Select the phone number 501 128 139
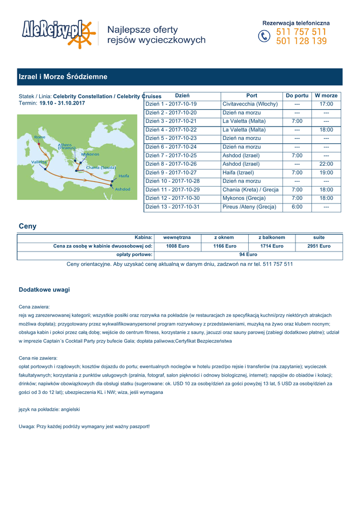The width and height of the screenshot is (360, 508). coord(301,42)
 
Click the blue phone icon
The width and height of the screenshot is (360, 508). coord(265,37)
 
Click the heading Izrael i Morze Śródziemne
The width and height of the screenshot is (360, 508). coord(63,77)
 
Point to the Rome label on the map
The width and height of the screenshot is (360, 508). coord(40,137)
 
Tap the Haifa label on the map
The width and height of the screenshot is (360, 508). coord(124,176)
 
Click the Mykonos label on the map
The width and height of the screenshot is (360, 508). coord(90,154)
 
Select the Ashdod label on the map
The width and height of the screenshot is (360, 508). coord(123,189)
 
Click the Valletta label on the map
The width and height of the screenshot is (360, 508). coord(39,162)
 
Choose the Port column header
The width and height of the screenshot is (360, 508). coord(252,95)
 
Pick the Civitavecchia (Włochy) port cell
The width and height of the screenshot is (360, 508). coord(250,104)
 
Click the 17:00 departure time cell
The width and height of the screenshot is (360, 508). coord(326,104)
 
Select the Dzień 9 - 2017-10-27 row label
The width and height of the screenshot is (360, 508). coord(171,173)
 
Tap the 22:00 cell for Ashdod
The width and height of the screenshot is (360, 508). coord(326,164)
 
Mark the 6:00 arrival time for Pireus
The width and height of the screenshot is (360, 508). coord(297,207)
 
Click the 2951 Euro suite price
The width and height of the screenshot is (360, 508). coord(319,246)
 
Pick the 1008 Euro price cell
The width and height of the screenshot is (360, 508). coord(177,246)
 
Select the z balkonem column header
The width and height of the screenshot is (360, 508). coord(272,238)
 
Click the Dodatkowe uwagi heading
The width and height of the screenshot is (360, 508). coord(44,289)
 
